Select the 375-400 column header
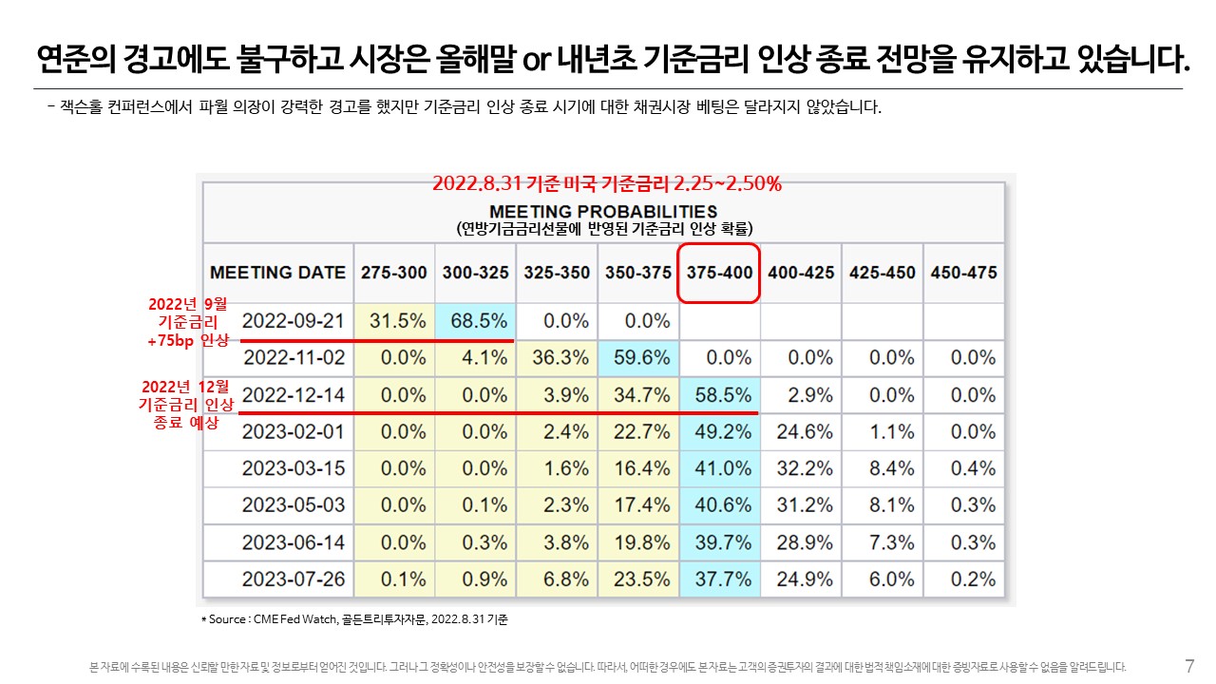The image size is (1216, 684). pos(719,273)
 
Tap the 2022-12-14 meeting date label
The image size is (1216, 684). pos(294,394)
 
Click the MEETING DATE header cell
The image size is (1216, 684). pos(277,273)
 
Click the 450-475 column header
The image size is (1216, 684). pos(963,273)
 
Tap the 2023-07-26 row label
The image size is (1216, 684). pos(294,579)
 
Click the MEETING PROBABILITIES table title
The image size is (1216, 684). pos(603,211)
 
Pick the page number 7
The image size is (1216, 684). pos(1189,666)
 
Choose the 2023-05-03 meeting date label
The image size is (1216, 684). pos(294,505)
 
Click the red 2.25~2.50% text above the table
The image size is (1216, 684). pos(728,183)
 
